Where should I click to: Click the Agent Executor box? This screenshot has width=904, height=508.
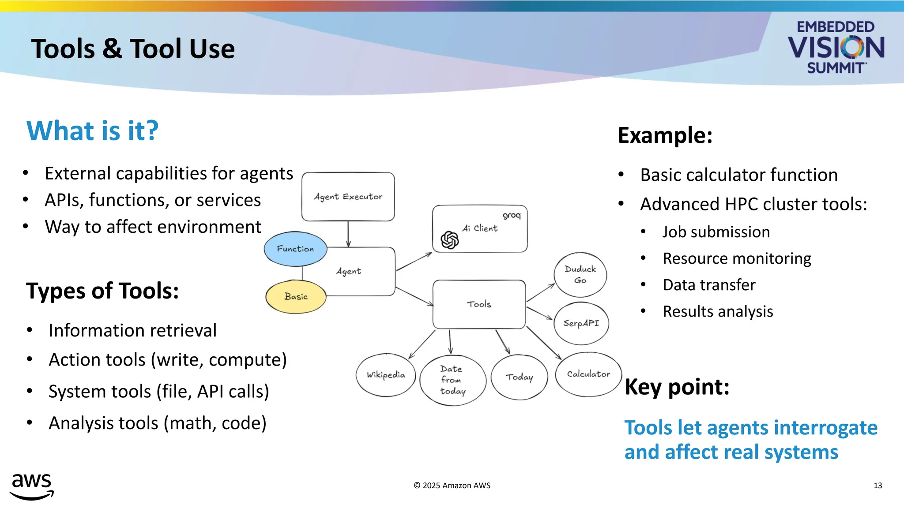[348, 197]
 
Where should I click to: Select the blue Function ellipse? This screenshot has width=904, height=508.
[295, 249]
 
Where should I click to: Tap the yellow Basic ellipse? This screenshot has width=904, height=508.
[296, 297]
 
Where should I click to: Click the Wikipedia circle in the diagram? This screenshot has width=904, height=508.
[386, 375]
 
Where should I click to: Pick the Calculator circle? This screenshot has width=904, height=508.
[588, 374]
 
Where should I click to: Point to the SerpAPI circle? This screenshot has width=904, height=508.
[581, 323]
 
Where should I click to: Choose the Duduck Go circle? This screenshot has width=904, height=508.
[580, 275]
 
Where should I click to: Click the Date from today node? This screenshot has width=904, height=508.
[452, 380]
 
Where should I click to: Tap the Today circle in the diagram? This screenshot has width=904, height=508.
[519, 377]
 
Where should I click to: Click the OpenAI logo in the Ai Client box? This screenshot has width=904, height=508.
[449, 240]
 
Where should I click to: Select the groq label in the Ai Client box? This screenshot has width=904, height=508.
[512, 216]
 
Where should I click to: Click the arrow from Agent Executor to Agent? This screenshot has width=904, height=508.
[348, 234]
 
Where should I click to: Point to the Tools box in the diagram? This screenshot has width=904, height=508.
[479, 304]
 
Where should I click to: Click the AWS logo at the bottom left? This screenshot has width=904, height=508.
[32, 486]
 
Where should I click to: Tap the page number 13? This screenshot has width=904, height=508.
[878, 486]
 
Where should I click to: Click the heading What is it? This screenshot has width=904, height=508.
[92, 131]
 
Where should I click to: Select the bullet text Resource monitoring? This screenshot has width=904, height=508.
[737, 258]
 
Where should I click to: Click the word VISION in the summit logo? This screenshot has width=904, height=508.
[836, 48]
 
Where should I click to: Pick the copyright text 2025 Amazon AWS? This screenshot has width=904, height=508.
[452, 486]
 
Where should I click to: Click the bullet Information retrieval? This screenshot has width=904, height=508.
[132, 331]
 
